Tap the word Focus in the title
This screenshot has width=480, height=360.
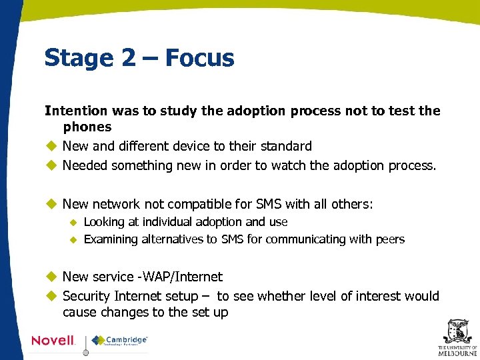[x=199, y=59]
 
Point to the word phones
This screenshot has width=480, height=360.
[x=87, y=127]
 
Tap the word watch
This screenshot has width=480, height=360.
[x=305, y=165]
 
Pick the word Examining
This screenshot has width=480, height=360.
[x=111, y=239]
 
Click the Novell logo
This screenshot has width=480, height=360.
[x=53, y=341]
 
